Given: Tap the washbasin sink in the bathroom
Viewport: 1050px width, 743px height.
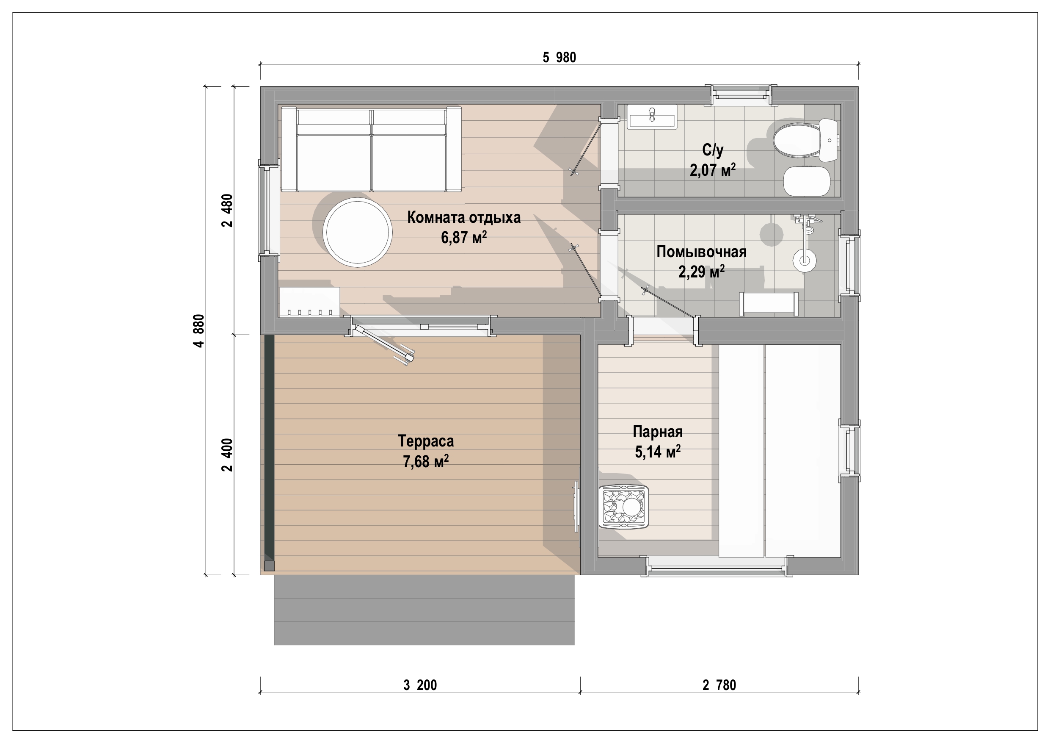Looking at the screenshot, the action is click(652, 117).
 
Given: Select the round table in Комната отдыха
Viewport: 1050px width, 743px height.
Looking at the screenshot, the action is click(357, 232).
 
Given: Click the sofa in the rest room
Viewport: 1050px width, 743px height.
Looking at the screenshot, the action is click(371, 149).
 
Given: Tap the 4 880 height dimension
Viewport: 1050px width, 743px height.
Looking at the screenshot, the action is click(199, 330).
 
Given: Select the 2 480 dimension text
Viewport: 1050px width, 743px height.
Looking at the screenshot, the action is click(227, 210).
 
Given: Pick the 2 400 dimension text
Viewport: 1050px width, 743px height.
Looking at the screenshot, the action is click(227, 455).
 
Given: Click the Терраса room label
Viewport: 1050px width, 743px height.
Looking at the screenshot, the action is click(426, 441).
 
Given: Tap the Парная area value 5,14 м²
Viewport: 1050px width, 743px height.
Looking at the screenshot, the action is click(658, 452).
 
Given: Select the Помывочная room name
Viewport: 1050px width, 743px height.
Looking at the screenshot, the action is click(702, 251).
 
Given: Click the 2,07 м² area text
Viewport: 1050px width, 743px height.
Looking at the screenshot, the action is click(713, 170).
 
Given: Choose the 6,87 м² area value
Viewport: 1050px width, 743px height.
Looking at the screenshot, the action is click(464, 237).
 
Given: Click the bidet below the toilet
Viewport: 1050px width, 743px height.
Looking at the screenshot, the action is click(807, 181).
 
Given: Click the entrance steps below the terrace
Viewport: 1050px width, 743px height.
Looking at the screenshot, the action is click(424, 610).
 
